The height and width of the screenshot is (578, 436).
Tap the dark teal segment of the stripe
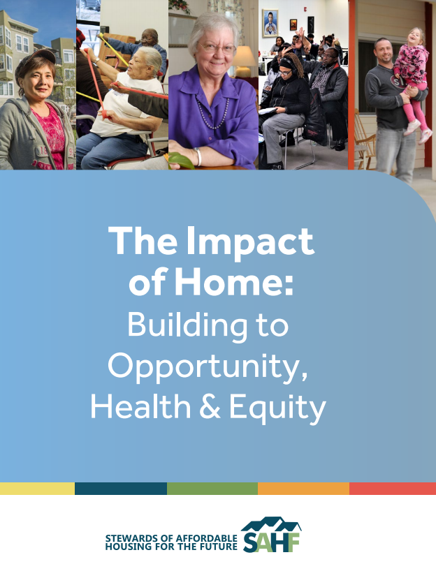click(120, 489)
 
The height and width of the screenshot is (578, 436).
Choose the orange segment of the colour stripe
click(303, 489)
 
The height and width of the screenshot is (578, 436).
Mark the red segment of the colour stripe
click(392, 489)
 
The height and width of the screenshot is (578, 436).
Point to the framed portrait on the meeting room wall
click(270, 22)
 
